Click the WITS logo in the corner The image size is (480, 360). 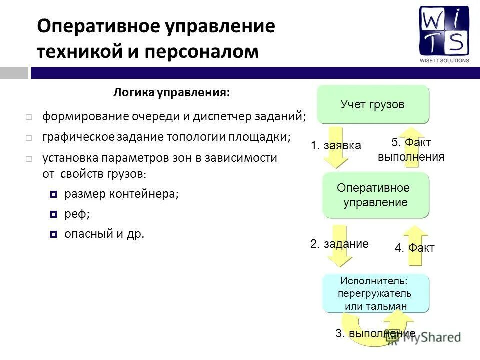click(x=444, y=33)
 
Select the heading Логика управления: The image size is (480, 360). click(x=172, y=92)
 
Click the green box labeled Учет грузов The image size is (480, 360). click(x=373, y=105)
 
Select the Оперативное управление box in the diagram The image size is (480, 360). click(x=375, y=195)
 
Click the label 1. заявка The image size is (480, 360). click(x=335, y=146)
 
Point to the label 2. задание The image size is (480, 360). click(x=339, y=244)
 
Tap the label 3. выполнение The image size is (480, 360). click(x=375, y=334)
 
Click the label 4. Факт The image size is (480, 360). click(x=415, y=248)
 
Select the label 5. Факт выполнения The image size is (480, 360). click(x=411, y=150)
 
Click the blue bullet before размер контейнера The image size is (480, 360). click(x=54, y=194)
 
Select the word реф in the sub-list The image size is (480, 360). click(x=75, y=214)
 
